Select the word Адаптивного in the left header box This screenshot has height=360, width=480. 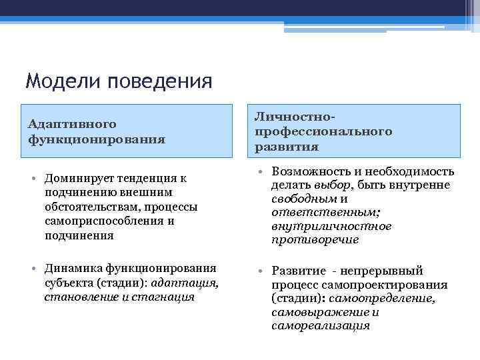(x=72, y=124)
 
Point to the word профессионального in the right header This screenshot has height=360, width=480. (x=323, y=131)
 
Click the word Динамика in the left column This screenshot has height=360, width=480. (x=71, y=268)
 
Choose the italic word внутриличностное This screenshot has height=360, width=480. (x=331, y=226)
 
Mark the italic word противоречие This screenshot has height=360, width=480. (x=315, y=239)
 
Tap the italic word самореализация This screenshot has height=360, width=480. (x=320, y=326)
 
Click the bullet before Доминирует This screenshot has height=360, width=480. (x=33, y=179)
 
